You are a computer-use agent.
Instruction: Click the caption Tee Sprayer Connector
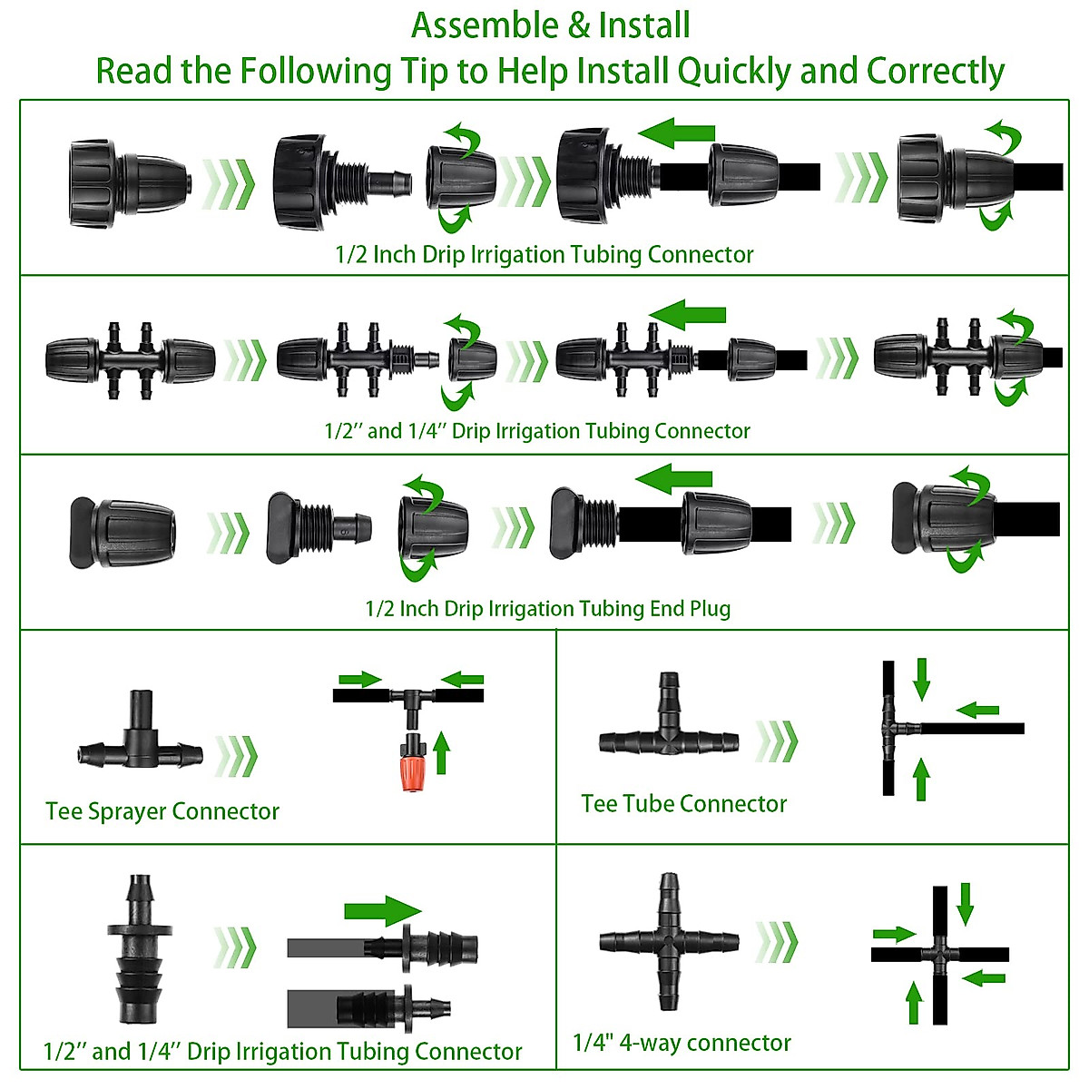point(162,811)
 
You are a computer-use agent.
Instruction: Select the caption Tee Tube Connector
point(683,804)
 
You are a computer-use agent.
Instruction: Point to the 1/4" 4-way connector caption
point(682,1043)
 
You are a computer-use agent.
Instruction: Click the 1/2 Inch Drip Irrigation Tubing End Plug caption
point(547,608)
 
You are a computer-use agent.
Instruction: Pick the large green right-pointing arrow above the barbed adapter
point(383,910)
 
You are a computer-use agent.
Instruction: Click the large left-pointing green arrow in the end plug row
point(673,478)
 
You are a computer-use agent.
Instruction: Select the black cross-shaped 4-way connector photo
point(669,942)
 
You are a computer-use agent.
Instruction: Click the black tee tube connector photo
point(669,731)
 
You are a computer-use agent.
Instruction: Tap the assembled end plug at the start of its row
point(122,533)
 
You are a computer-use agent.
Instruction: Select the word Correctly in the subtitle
point(935,71)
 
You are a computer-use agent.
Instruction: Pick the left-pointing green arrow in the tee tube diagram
point(978,710)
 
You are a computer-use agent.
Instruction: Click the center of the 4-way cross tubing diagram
point(939,955)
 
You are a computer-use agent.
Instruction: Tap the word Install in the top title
point(644,25)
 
